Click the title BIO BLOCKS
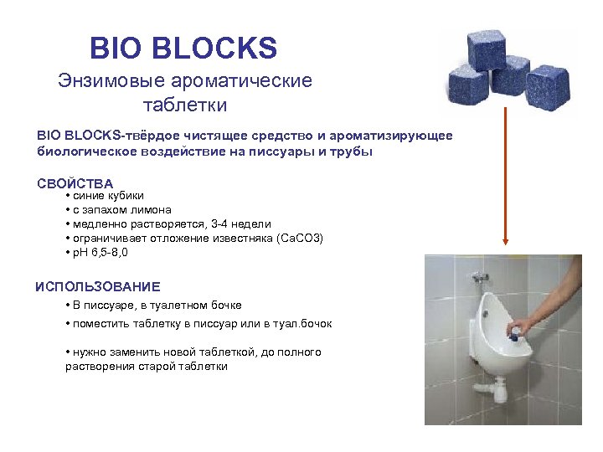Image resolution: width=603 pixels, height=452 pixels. (183, 49)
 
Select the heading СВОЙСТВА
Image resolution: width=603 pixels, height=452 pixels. (75, 183)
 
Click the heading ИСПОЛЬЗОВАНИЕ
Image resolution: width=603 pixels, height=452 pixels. (97, 287)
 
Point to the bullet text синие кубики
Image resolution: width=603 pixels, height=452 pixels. (101, 196)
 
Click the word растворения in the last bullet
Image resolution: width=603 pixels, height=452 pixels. (100, 367)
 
